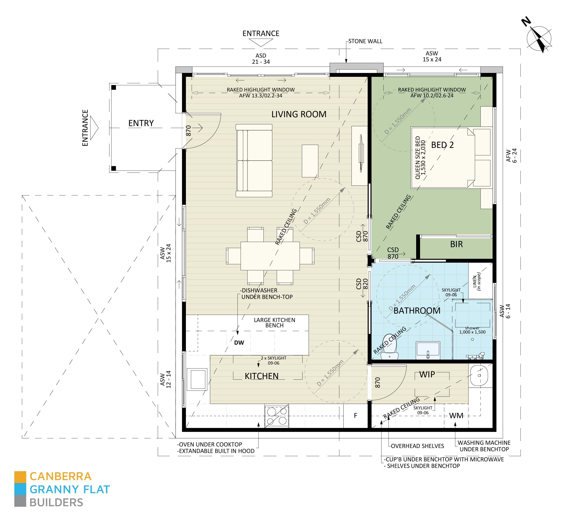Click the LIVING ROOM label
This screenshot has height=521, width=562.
(x=299, y=114)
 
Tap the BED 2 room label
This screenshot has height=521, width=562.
(x=442, y=145)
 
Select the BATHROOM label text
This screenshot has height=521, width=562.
(x=417, y=311)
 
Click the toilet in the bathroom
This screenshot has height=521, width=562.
(x=389, y=347)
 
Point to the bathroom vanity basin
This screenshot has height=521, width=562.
(x=428, y=350)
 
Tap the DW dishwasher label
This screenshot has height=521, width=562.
(x=239, y=343)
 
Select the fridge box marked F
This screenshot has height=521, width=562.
(x=355, y=416)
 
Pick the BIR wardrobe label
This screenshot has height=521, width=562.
(x=456, y=244)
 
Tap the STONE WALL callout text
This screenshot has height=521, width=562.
(x=365, y=41)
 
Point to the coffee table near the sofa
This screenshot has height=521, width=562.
(x=310, y=161)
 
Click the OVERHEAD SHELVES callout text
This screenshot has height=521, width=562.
(x=417, y=446)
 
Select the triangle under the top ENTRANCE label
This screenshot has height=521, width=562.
(x=261, y=43)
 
